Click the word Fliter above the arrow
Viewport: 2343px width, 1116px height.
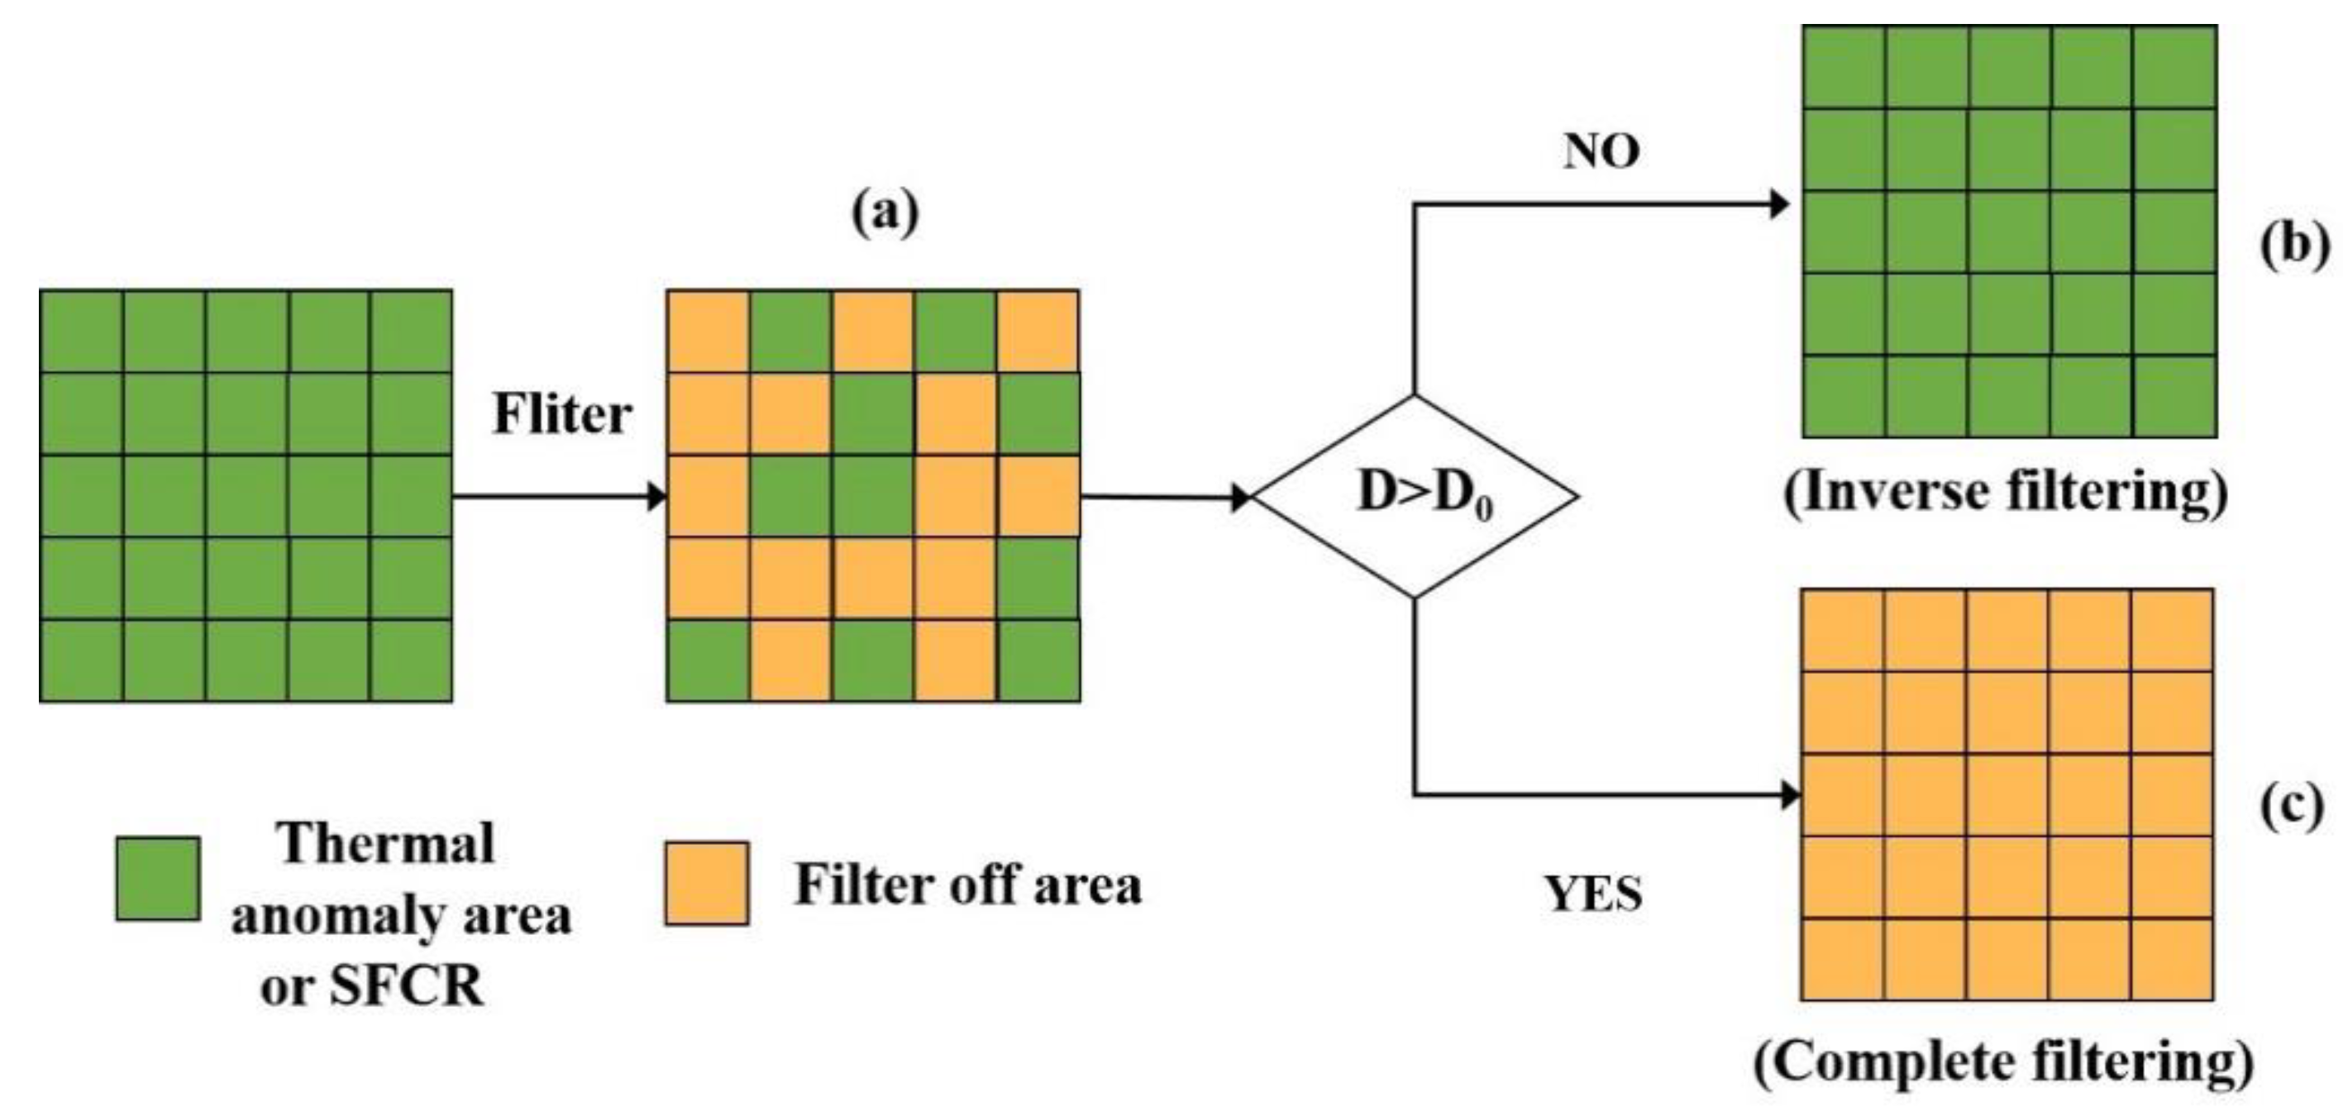click(561, 415)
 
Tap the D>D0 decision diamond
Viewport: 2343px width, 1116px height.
click(1415, 497)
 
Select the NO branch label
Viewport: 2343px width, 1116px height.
click(1601, 152)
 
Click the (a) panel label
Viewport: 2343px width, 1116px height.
click(885, 214)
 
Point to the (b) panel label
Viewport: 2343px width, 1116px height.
click(2295, 246)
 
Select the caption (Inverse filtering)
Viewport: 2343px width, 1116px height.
click(2007, 494)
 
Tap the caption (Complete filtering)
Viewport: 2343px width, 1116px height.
click(2005, 1063)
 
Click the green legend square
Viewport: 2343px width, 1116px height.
click(158, 879)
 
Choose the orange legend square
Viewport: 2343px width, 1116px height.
click(707, 883)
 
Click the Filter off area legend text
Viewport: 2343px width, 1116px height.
click(968, 884)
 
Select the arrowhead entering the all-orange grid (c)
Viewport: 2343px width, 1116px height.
click(1790, 796)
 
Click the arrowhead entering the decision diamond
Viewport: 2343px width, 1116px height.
click(1240, 498)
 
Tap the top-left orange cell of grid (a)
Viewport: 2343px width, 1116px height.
click(709, 331)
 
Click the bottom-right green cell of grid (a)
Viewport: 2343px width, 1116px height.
click(1038, 661)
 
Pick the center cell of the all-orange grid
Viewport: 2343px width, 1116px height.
click(2007, 795)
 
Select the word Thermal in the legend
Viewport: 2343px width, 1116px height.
click(388, 843)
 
